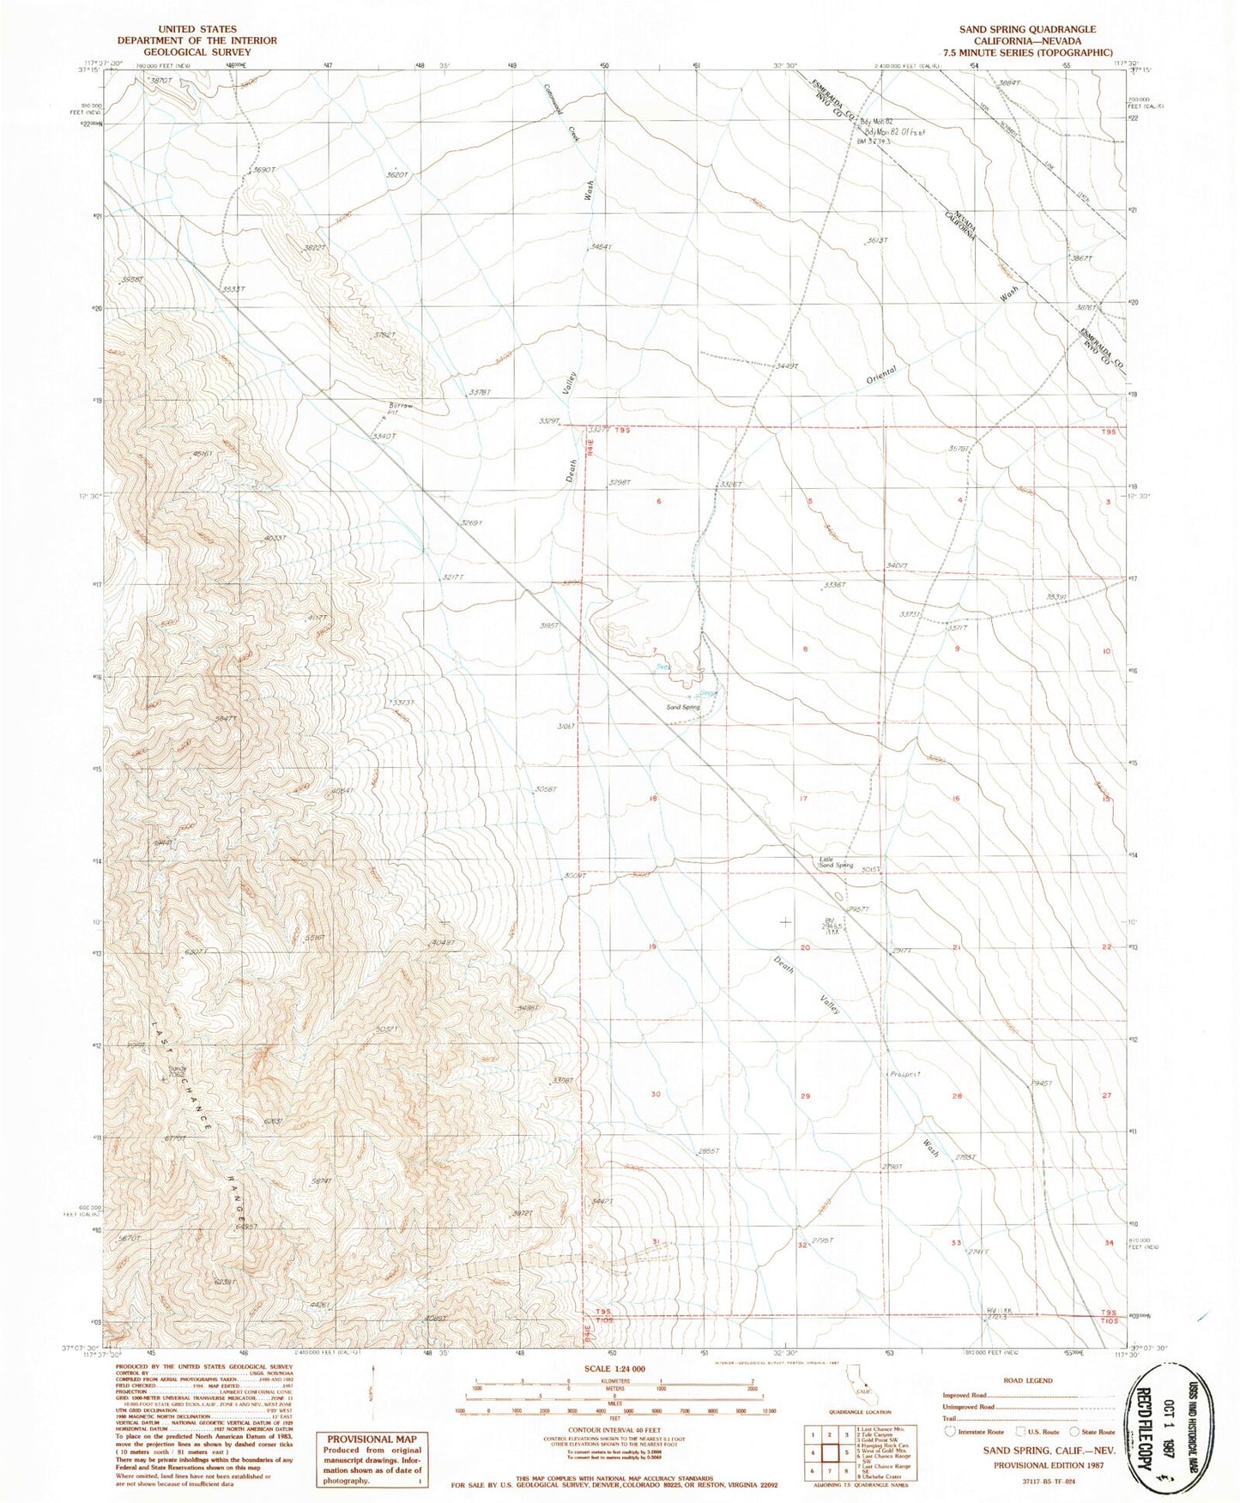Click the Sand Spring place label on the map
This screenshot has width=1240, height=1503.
tap(684, 708)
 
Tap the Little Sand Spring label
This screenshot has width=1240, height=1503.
tap(835, 862)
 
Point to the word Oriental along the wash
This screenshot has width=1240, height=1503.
tap(880, 375)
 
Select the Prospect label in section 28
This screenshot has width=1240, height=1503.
tap(904, 1074)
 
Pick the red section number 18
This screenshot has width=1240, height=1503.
tap(654, 799)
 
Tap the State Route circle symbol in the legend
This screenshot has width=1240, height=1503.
tap(1074, 1432)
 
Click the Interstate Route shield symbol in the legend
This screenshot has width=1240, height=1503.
tap(950, 1432)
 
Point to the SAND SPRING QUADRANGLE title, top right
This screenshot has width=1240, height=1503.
tap(1027, 29)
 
